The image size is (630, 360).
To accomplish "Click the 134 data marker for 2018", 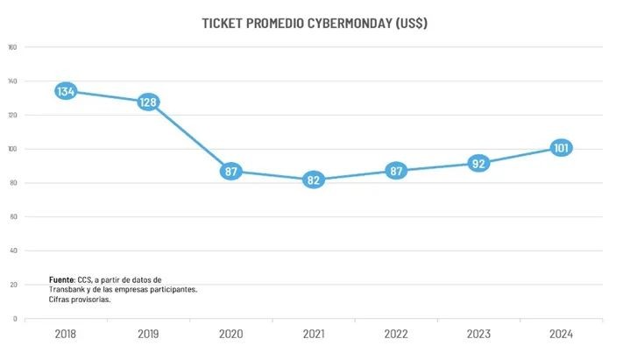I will click(x=66, y=91).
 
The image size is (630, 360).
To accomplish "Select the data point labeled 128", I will click(x=148, y=102).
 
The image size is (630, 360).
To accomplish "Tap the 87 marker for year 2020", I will click(x=231, y=172).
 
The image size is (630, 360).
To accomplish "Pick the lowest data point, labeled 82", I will click(x=314, y=180).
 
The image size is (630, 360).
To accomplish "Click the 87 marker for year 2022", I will click(x=396, y=172).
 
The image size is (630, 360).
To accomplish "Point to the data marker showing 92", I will click(x=478, y=163).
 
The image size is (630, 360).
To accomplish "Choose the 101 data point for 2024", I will click(x=561, y=148).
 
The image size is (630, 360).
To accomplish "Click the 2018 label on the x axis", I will click(x=66, y=334).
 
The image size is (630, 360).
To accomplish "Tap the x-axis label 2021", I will click(x=314, y=334).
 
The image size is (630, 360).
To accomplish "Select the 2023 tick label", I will click(x=478, y=334).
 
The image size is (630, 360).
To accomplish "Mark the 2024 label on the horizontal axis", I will click(x=561, y=334).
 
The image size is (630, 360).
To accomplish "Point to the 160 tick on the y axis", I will click(x=12, y=47).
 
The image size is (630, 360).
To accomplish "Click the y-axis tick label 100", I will click(x=12, y=149).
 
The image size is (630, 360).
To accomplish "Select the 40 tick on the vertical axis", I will click(x=13, y=251).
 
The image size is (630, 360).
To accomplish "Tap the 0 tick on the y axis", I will click(x=15, y=318).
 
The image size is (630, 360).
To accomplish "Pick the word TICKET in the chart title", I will click(x=222, y=23).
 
